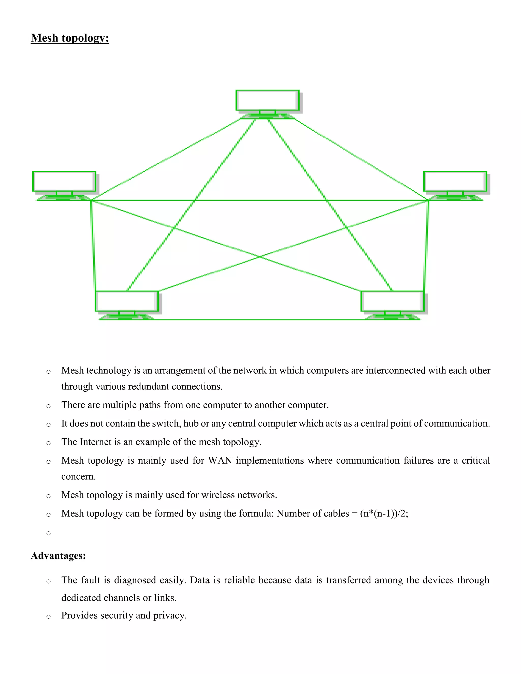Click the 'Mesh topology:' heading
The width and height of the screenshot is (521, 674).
[70, 38]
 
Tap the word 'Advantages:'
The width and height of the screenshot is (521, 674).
[58, 556]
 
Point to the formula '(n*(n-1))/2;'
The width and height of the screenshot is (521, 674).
[384, 514]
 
